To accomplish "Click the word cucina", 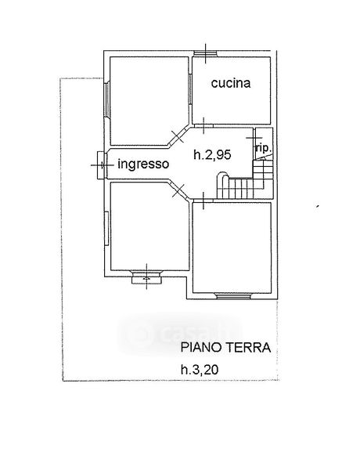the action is pos(231,83).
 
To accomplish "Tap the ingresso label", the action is pos(143,164).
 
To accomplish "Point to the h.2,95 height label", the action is pos(212,154).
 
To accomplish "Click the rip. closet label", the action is pos(264,148).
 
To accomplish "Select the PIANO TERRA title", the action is pos(226,348).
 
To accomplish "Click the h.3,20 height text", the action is pos(200,369).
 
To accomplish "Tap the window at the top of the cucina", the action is pos(205,53).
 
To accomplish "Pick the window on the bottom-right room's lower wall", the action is pos(233,296).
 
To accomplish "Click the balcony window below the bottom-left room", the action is pos(146,277).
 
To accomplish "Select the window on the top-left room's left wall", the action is pos(106,99).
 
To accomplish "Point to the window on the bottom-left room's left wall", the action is pos(106,229).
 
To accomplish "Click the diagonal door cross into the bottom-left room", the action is pos(178,190).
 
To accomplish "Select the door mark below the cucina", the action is pos(203,125).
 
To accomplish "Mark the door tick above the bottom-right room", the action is pos(203,201).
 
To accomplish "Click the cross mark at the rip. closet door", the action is pos(254,138).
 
